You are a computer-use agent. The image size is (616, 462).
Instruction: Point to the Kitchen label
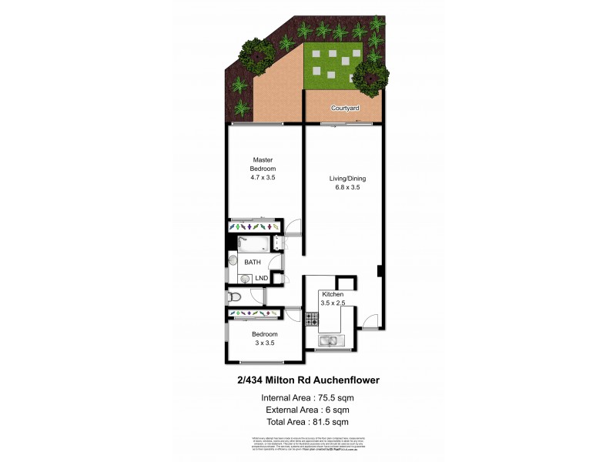[333, 295]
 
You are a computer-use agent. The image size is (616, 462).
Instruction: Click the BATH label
[253, 263]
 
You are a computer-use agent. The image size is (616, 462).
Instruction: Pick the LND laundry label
[262, 278]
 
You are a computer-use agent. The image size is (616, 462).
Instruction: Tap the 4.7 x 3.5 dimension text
[263, 178]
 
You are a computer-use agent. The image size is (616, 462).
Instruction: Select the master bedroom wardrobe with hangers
[253, 227]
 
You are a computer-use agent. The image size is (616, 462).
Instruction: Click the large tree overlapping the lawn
[370, 75]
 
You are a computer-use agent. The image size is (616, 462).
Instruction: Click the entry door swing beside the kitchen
[370, 322]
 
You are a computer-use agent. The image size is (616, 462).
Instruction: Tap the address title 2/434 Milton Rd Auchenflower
[307, 380]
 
